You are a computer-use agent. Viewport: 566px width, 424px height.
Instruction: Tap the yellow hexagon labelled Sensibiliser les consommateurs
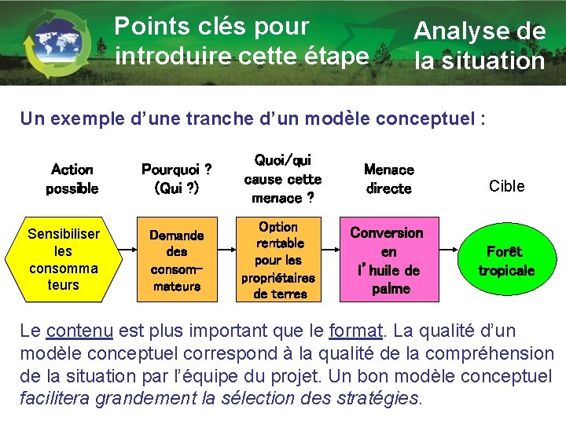(64, 259)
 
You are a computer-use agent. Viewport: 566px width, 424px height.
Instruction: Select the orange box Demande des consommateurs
(177, 260)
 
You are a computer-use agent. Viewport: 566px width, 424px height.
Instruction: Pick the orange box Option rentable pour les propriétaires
(278, 260)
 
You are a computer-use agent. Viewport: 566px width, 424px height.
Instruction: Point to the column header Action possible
(72, 179)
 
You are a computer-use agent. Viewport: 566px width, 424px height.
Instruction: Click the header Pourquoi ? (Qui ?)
(176, 179)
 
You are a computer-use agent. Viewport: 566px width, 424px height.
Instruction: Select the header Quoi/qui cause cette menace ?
(283, 179)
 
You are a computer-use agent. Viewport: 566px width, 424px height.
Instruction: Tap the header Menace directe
(389, 179)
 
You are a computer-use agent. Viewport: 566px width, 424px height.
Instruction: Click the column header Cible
(506, 186)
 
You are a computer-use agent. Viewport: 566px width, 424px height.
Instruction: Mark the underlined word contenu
(79, 331)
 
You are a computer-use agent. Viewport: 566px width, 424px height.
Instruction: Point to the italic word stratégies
(381, 398)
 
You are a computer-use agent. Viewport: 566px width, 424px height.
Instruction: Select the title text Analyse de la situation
(480, 46)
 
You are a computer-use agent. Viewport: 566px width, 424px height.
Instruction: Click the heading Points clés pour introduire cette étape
(241, 41)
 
